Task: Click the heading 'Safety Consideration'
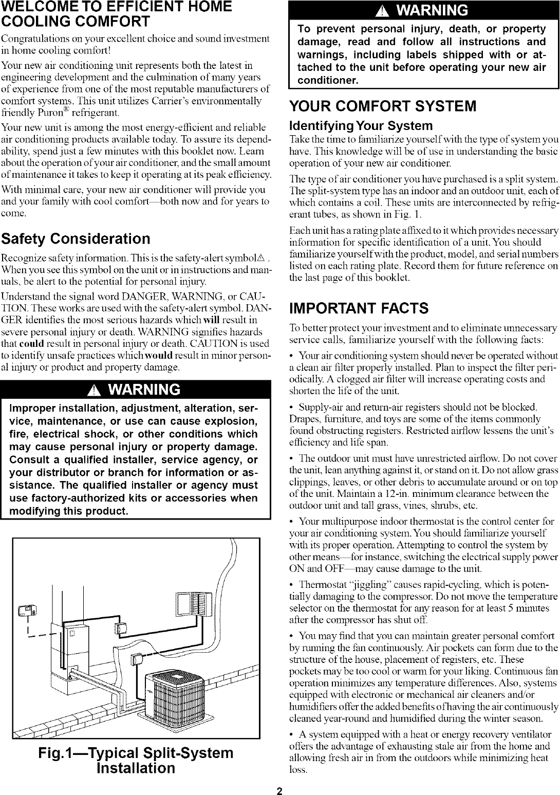tap(76, 239)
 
